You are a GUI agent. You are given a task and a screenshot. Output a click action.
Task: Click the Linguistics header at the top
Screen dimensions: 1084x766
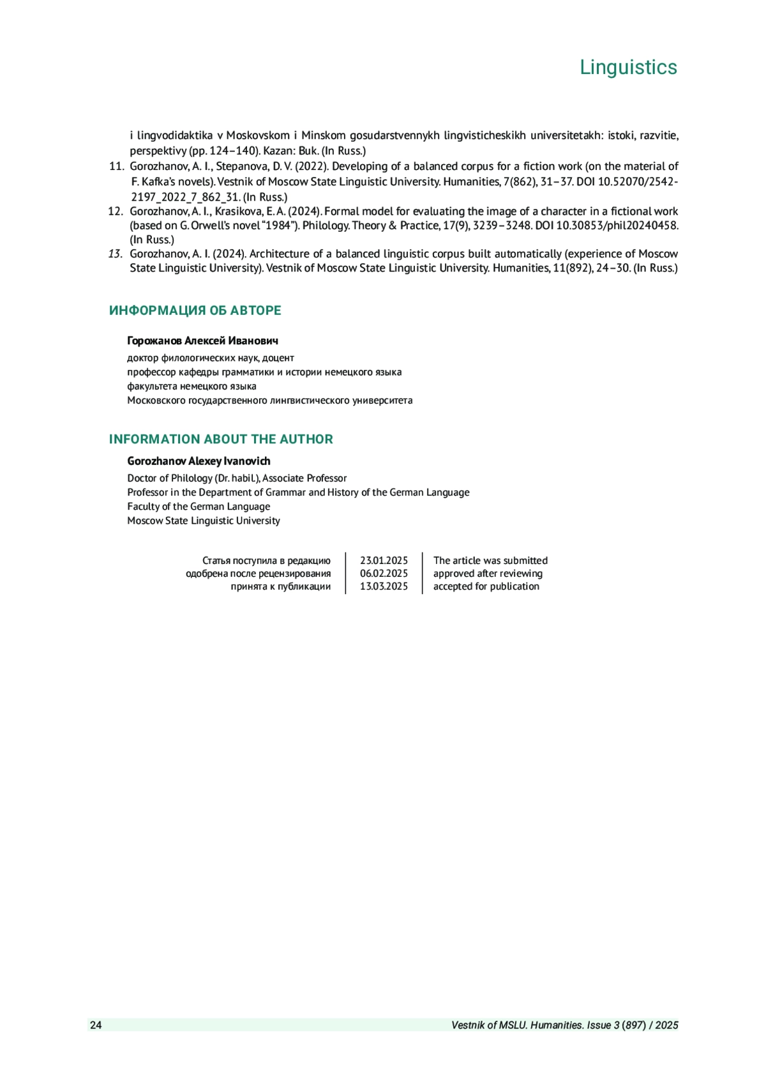(x=628, y=67)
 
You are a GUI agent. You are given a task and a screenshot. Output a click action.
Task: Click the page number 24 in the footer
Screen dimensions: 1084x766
(x=96, y=1025)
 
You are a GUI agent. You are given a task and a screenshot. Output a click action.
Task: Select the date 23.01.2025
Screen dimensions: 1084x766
(x=384, y=561)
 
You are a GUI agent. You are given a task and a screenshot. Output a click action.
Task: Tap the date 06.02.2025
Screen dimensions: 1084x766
(x=384, y=574)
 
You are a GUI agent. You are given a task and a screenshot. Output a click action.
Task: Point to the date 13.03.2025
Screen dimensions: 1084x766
(x=384, y=586)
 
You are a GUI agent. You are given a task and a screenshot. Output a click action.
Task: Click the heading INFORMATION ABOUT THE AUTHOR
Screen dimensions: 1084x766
(x=221, y=439)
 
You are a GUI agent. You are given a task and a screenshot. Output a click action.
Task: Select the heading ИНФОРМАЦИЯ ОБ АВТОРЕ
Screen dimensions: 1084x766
(x=195, y=310)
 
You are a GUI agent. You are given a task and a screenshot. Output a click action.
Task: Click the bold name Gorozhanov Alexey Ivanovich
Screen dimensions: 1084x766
(x=199, y=461)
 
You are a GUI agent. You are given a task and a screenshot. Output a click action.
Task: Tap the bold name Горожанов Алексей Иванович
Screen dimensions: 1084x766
(x=202, y=341)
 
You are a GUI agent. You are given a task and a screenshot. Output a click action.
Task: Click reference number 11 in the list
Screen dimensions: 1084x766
(x=116, y=167)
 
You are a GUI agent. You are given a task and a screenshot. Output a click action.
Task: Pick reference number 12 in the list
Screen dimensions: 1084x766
(x=116, y=211)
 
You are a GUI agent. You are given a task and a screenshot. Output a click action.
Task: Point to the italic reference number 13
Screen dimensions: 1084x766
(x=116, y=254)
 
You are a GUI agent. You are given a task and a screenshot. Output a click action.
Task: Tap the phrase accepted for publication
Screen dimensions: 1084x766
(x=486, y=586)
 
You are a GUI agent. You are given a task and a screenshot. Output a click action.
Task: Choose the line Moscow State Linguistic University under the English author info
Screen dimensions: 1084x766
(x=203, y=521)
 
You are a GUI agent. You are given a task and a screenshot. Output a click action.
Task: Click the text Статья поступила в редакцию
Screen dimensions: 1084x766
(x=266, y=561)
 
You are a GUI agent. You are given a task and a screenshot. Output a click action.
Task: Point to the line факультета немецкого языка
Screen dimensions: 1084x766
(x=191, y=386)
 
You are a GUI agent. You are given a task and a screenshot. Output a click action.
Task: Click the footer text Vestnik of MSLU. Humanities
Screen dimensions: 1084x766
(x=517, y=1025)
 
